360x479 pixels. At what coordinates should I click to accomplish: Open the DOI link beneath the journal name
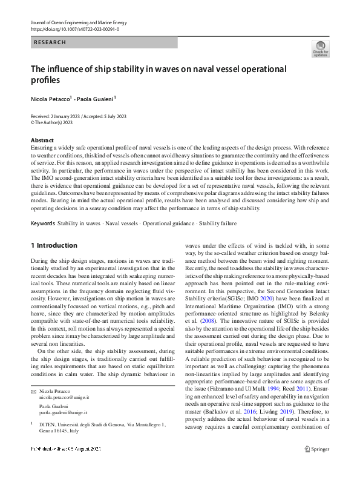74,28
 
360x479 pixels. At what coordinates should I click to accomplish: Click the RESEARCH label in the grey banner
50,43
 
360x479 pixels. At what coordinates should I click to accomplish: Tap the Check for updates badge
320,49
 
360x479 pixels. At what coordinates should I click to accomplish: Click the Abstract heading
42,140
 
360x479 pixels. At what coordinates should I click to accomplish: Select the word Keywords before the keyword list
42,223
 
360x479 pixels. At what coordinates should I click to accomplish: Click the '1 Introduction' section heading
54,245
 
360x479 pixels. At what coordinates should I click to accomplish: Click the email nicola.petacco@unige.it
64,397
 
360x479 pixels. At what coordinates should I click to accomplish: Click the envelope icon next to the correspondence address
33,391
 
